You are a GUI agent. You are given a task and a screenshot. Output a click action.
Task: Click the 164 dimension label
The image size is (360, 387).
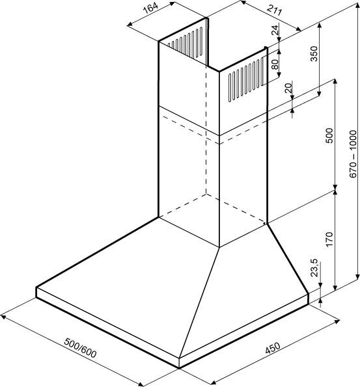150,9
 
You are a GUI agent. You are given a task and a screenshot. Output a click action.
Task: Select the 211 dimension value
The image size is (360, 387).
274,10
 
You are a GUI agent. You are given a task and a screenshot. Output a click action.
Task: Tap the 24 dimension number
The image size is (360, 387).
275,30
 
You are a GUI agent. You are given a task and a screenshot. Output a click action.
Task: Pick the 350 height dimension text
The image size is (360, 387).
314,53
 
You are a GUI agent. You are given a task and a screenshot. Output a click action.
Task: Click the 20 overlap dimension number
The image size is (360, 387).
288,88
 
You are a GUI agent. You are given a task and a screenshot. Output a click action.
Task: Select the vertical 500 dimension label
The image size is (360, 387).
329,135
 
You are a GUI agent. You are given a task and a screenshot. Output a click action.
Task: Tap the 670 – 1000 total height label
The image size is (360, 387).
353,153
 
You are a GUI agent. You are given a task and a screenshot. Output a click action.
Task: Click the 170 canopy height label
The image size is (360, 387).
329,239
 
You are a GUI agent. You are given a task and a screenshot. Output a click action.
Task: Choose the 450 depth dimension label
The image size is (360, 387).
273,348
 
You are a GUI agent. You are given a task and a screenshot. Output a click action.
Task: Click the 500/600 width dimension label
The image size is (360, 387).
80,348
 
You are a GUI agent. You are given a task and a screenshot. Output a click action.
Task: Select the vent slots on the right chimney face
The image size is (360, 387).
246,79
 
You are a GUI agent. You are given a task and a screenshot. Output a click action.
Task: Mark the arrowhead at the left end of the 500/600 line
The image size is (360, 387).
3,316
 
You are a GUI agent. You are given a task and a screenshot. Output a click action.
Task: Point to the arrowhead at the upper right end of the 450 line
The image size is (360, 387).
337,321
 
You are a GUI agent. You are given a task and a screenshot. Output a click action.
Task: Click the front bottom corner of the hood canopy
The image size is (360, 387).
179,368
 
